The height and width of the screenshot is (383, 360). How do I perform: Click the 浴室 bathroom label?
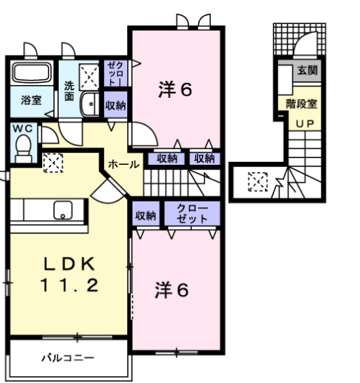point(31,99)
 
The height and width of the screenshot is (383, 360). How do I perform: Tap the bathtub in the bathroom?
point(31,75)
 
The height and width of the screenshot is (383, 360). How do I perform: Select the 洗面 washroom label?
point(69,90)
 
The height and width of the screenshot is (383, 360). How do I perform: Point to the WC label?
point(19,127)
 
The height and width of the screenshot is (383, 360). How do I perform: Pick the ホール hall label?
point(123,163)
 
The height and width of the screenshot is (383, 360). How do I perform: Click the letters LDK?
point(68,264)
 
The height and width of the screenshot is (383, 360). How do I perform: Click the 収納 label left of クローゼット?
point(145,215)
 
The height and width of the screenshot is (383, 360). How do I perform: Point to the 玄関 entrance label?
point(307,71)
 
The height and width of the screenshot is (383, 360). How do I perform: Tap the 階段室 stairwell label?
point(301,105)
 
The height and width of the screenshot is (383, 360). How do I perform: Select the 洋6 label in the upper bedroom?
point(175,89)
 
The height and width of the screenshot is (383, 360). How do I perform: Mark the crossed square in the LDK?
point(53,163)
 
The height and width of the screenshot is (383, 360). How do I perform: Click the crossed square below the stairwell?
point(257,181)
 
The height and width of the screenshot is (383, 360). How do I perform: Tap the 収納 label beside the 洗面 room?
point(115,105)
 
